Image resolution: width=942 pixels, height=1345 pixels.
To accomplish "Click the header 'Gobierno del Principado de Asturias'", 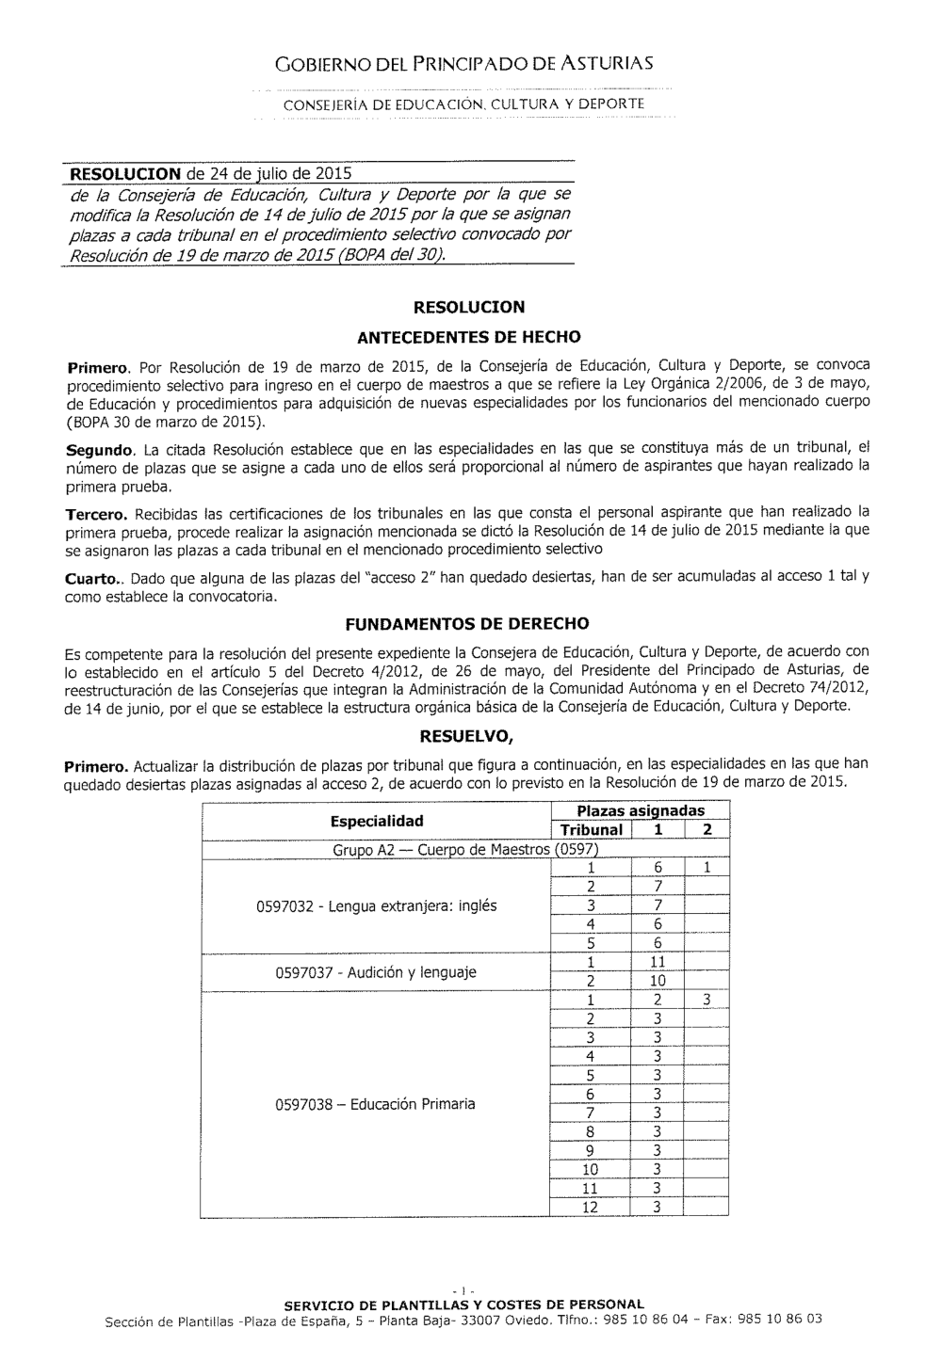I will point(463,64).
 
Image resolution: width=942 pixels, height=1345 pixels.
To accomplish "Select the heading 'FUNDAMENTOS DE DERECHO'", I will point(467,623).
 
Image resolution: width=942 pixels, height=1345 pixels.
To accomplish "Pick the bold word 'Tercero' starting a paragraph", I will point(97,515).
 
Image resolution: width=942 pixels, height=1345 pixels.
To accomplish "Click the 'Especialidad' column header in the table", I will point(377,821).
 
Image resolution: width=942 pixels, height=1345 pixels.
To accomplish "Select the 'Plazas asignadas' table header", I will point(640,811).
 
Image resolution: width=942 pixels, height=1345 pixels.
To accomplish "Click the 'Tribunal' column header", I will point(592,830).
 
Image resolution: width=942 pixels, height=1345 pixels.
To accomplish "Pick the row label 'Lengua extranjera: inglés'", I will point(376,906).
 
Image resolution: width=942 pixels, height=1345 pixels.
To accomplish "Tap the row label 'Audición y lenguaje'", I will point(376,972).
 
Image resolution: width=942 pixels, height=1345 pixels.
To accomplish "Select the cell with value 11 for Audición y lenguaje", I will point(658,962).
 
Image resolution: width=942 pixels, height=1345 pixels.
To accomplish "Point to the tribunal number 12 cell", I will point(591,1208).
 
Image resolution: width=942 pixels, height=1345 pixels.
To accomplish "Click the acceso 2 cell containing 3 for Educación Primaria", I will point(706,1001).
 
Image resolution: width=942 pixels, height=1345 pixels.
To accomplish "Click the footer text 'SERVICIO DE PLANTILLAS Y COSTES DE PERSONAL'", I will point(464,1305).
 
